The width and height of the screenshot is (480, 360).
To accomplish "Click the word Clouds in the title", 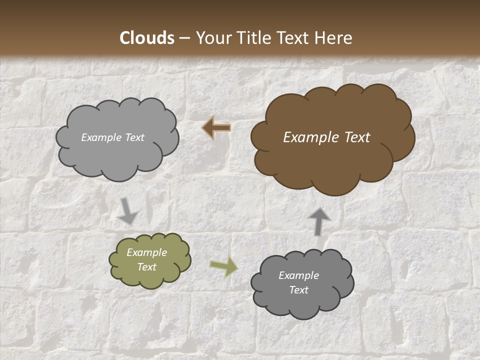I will [x=147, y=38].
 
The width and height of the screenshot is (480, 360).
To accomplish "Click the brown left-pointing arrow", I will [x=216, y=128].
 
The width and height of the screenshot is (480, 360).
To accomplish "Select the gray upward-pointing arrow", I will [x=319, y=220].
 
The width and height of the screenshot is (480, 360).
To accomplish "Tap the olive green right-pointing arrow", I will [x=224, y=267].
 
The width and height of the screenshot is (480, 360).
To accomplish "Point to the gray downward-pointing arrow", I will [x=128, y=211].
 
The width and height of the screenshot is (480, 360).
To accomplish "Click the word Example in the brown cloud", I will [x=308, y=137].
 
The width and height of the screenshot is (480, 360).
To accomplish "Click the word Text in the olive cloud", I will [x=147, y=267].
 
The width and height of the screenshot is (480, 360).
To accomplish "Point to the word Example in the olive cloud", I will [x=147, y=252].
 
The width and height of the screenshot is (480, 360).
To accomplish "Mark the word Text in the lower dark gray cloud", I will [x=299, y=290].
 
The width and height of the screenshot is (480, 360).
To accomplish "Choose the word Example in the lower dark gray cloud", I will [x=299, y=275].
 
